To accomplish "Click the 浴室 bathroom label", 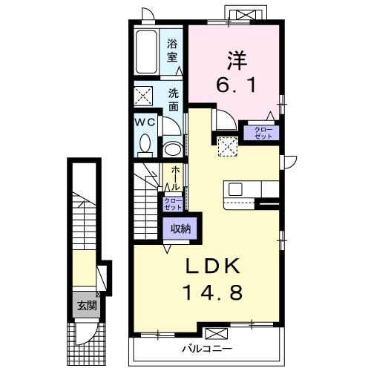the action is click(172, 50).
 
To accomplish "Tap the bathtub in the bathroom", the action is click(146, 52).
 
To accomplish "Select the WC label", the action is click(145, 122).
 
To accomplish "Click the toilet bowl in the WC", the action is click(145, 144).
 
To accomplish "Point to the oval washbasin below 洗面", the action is click(173, 148).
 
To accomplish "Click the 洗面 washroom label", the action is click(174, 99).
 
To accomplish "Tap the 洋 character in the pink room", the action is click(237, 60).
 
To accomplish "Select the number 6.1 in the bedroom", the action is click(236, 85).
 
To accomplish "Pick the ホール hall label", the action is click(175, 178).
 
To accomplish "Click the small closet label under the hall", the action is click(173, 204).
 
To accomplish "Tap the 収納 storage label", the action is click(180, 229).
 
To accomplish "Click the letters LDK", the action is click(213, 266).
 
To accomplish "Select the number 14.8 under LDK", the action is click(212, 292).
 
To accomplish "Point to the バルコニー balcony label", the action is click(207, 349).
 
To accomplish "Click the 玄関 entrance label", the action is click(87, 306).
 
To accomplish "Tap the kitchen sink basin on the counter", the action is click(235, 189).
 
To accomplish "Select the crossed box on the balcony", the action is click(217, 333).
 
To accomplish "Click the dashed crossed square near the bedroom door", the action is click(228, 146).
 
